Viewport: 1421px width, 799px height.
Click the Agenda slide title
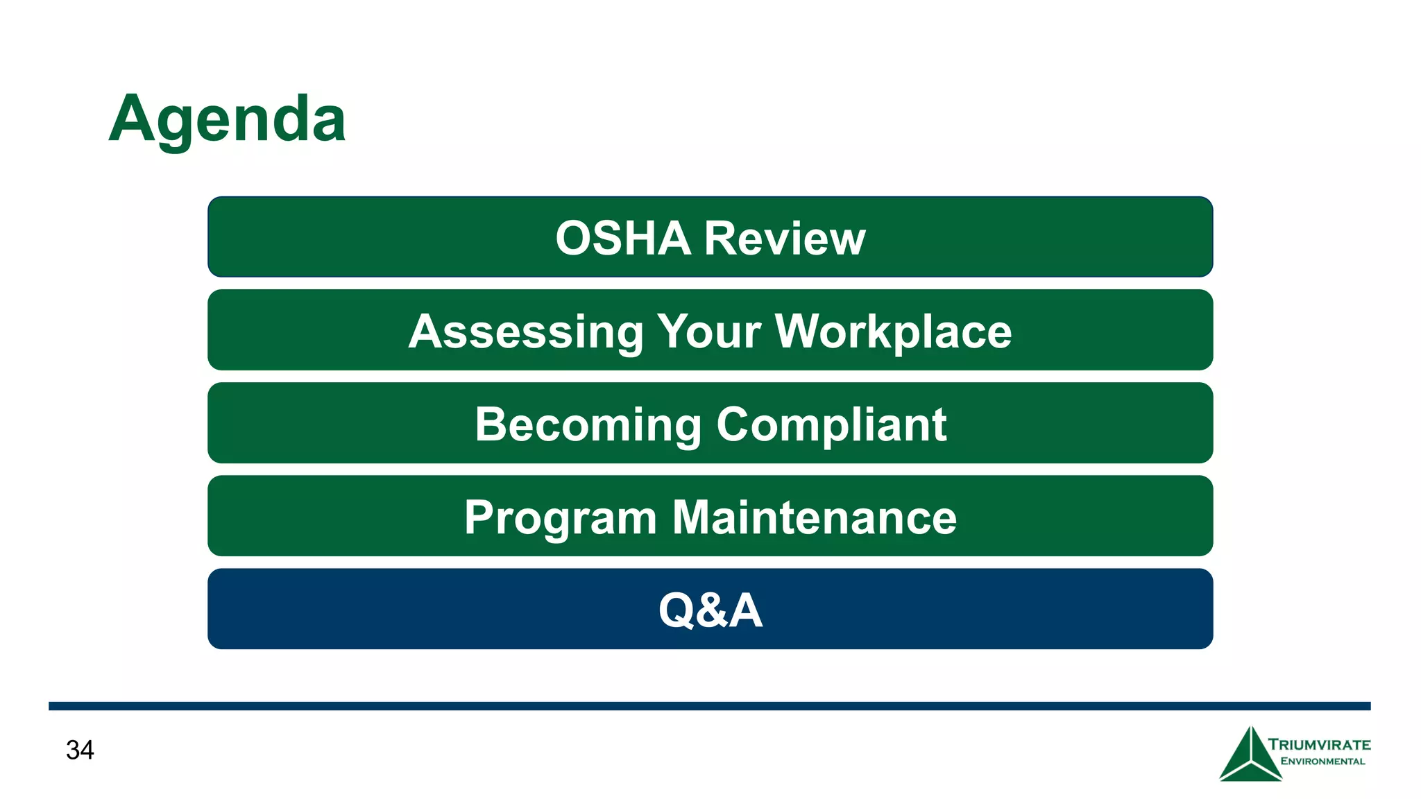pos(227,119)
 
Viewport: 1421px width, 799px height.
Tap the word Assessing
pos(526,332)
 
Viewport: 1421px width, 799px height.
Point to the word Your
pos(709,332)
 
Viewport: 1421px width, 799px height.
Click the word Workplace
pos(893,332)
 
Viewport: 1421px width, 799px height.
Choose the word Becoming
pos(588,424)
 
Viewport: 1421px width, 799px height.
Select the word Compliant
pos(831,424)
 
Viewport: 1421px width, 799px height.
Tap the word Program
pos(561,518)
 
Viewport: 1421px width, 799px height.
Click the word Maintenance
pos(815,517)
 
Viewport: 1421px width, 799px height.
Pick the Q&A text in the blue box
pos(710,610)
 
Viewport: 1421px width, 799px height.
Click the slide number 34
pos(80,750)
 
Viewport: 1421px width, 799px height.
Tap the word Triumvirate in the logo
pos(1319,745)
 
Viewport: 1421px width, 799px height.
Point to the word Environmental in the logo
pos(1322,762)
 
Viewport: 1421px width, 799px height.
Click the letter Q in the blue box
pos(677,610)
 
